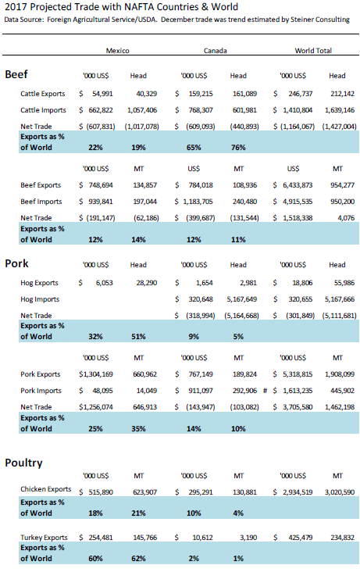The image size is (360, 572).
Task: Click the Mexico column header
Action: (x=117, y=51)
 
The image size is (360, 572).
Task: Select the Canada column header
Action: (x=216, y=51)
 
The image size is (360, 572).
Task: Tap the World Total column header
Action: (x=313, y=51)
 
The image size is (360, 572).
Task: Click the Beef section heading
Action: (x=16, y=74)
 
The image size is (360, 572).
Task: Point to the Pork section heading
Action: (x=16, y=263)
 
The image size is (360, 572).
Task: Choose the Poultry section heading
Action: (x=23, y=463)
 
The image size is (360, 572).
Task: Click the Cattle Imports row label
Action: (x=43, y=110)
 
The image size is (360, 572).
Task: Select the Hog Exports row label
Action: (x=39, y=283)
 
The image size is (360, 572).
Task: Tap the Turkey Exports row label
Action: (x=44, y=538)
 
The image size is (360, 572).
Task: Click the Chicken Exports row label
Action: (x=45, y=489)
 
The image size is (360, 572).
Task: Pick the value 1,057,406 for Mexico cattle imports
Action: (x=142, y=110)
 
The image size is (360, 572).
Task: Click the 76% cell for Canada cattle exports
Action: (x=238, y=148)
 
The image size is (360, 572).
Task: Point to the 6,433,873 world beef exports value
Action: (x=298, y=185)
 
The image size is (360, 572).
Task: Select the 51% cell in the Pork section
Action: (x=138, y=337)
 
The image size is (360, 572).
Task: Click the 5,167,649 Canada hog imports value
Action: (x=242, y=299)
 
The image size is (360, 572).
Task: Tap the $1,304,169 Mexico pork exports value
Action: (x=96, y=374)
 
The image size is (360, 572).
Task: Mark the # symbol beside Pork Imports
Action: (x=266, y=391)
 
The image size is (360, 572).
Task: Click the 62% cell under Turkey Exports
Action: (x=138, y=559)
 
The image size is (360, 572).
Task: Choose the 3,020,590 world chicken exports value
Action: (x=340, y=492)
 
